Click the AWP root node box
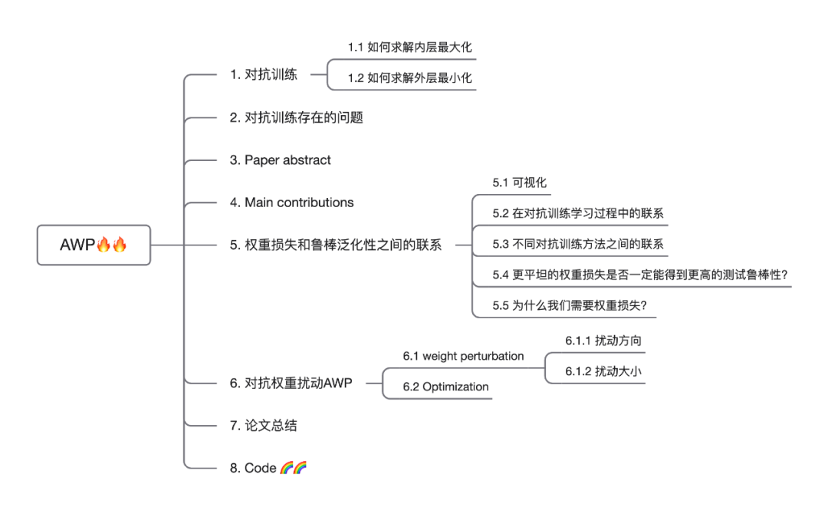pos(94,245)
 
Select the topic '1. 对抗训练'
pos(264,74)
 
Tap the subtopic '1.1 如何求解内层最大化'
pos(409,47)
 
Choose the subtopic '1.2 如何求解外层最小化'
pos(409,77)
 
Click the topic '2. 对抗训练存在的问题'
pos(296,117)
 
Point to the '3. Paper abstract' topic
pos(281,160)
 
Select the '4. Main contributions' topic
pos(292,202)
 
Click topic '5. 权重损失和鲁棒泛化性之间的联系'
pos(336,245)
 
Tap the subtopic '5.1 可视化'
pos(520,183)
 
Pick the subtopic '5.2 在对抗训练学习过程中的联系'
pos(578,213)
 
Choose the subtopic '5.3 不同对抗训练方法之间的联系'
pos(578,244)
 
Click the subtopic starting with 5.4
pos(640,275)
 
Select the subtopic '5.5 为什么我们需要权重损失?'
pos(570,305)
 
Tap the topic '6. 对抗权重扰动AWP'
pos(291,383)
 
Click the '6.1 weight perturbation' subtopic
pos(464,356)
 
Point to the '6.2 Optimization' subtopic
pos(445,387)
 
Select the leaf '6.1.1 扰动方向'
pos(603,341)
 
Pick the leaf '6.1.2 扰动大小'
pos(603,371)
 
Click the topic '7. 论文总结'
pos(264,426)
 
